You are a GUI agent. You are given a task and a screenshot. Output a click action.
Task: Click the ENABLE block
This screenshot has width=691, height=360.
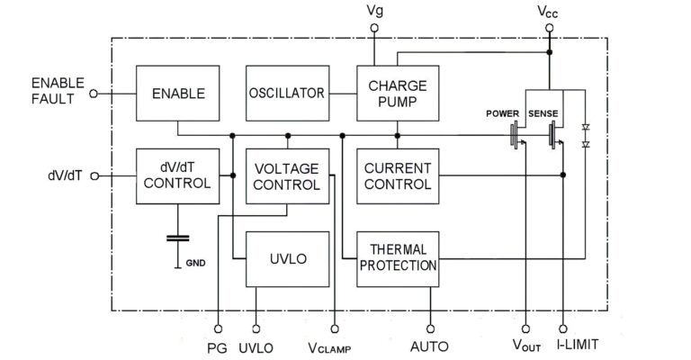pos(177,94)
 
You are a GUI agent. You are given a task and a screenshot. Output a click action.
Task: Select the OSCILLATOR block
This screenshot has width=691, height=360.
pos(285,94)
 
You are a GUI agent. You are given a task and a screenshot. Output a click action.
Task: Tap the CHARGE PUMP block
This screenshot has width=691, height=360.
pos(396,94)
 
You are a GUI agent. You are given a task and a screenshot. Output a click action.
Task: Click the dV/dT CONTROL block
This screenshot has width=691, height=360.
pos(177,175)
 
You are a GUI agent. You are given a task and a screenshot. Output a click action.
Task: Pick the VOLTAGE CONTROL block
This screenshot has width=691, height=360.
pos(287,175)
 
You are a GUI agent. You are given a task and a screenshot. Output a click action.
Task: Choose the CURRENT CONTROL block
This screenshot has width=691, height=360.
pos(396,175)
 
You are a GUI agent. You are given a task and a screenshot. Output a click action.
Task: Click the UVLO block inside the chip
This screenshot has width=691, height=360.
pos(287,258)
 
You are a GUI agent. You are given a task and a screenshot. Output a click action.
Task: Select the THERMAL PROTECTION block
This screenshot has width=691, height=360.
pos(396,258)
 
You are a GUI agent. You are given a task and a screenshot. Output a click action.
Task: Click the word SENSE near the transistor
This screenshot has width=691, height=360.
pos(544,113)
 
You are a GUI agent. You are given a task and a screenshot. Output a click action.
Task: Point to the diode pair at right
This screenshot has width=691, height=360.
pos(586,136)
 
